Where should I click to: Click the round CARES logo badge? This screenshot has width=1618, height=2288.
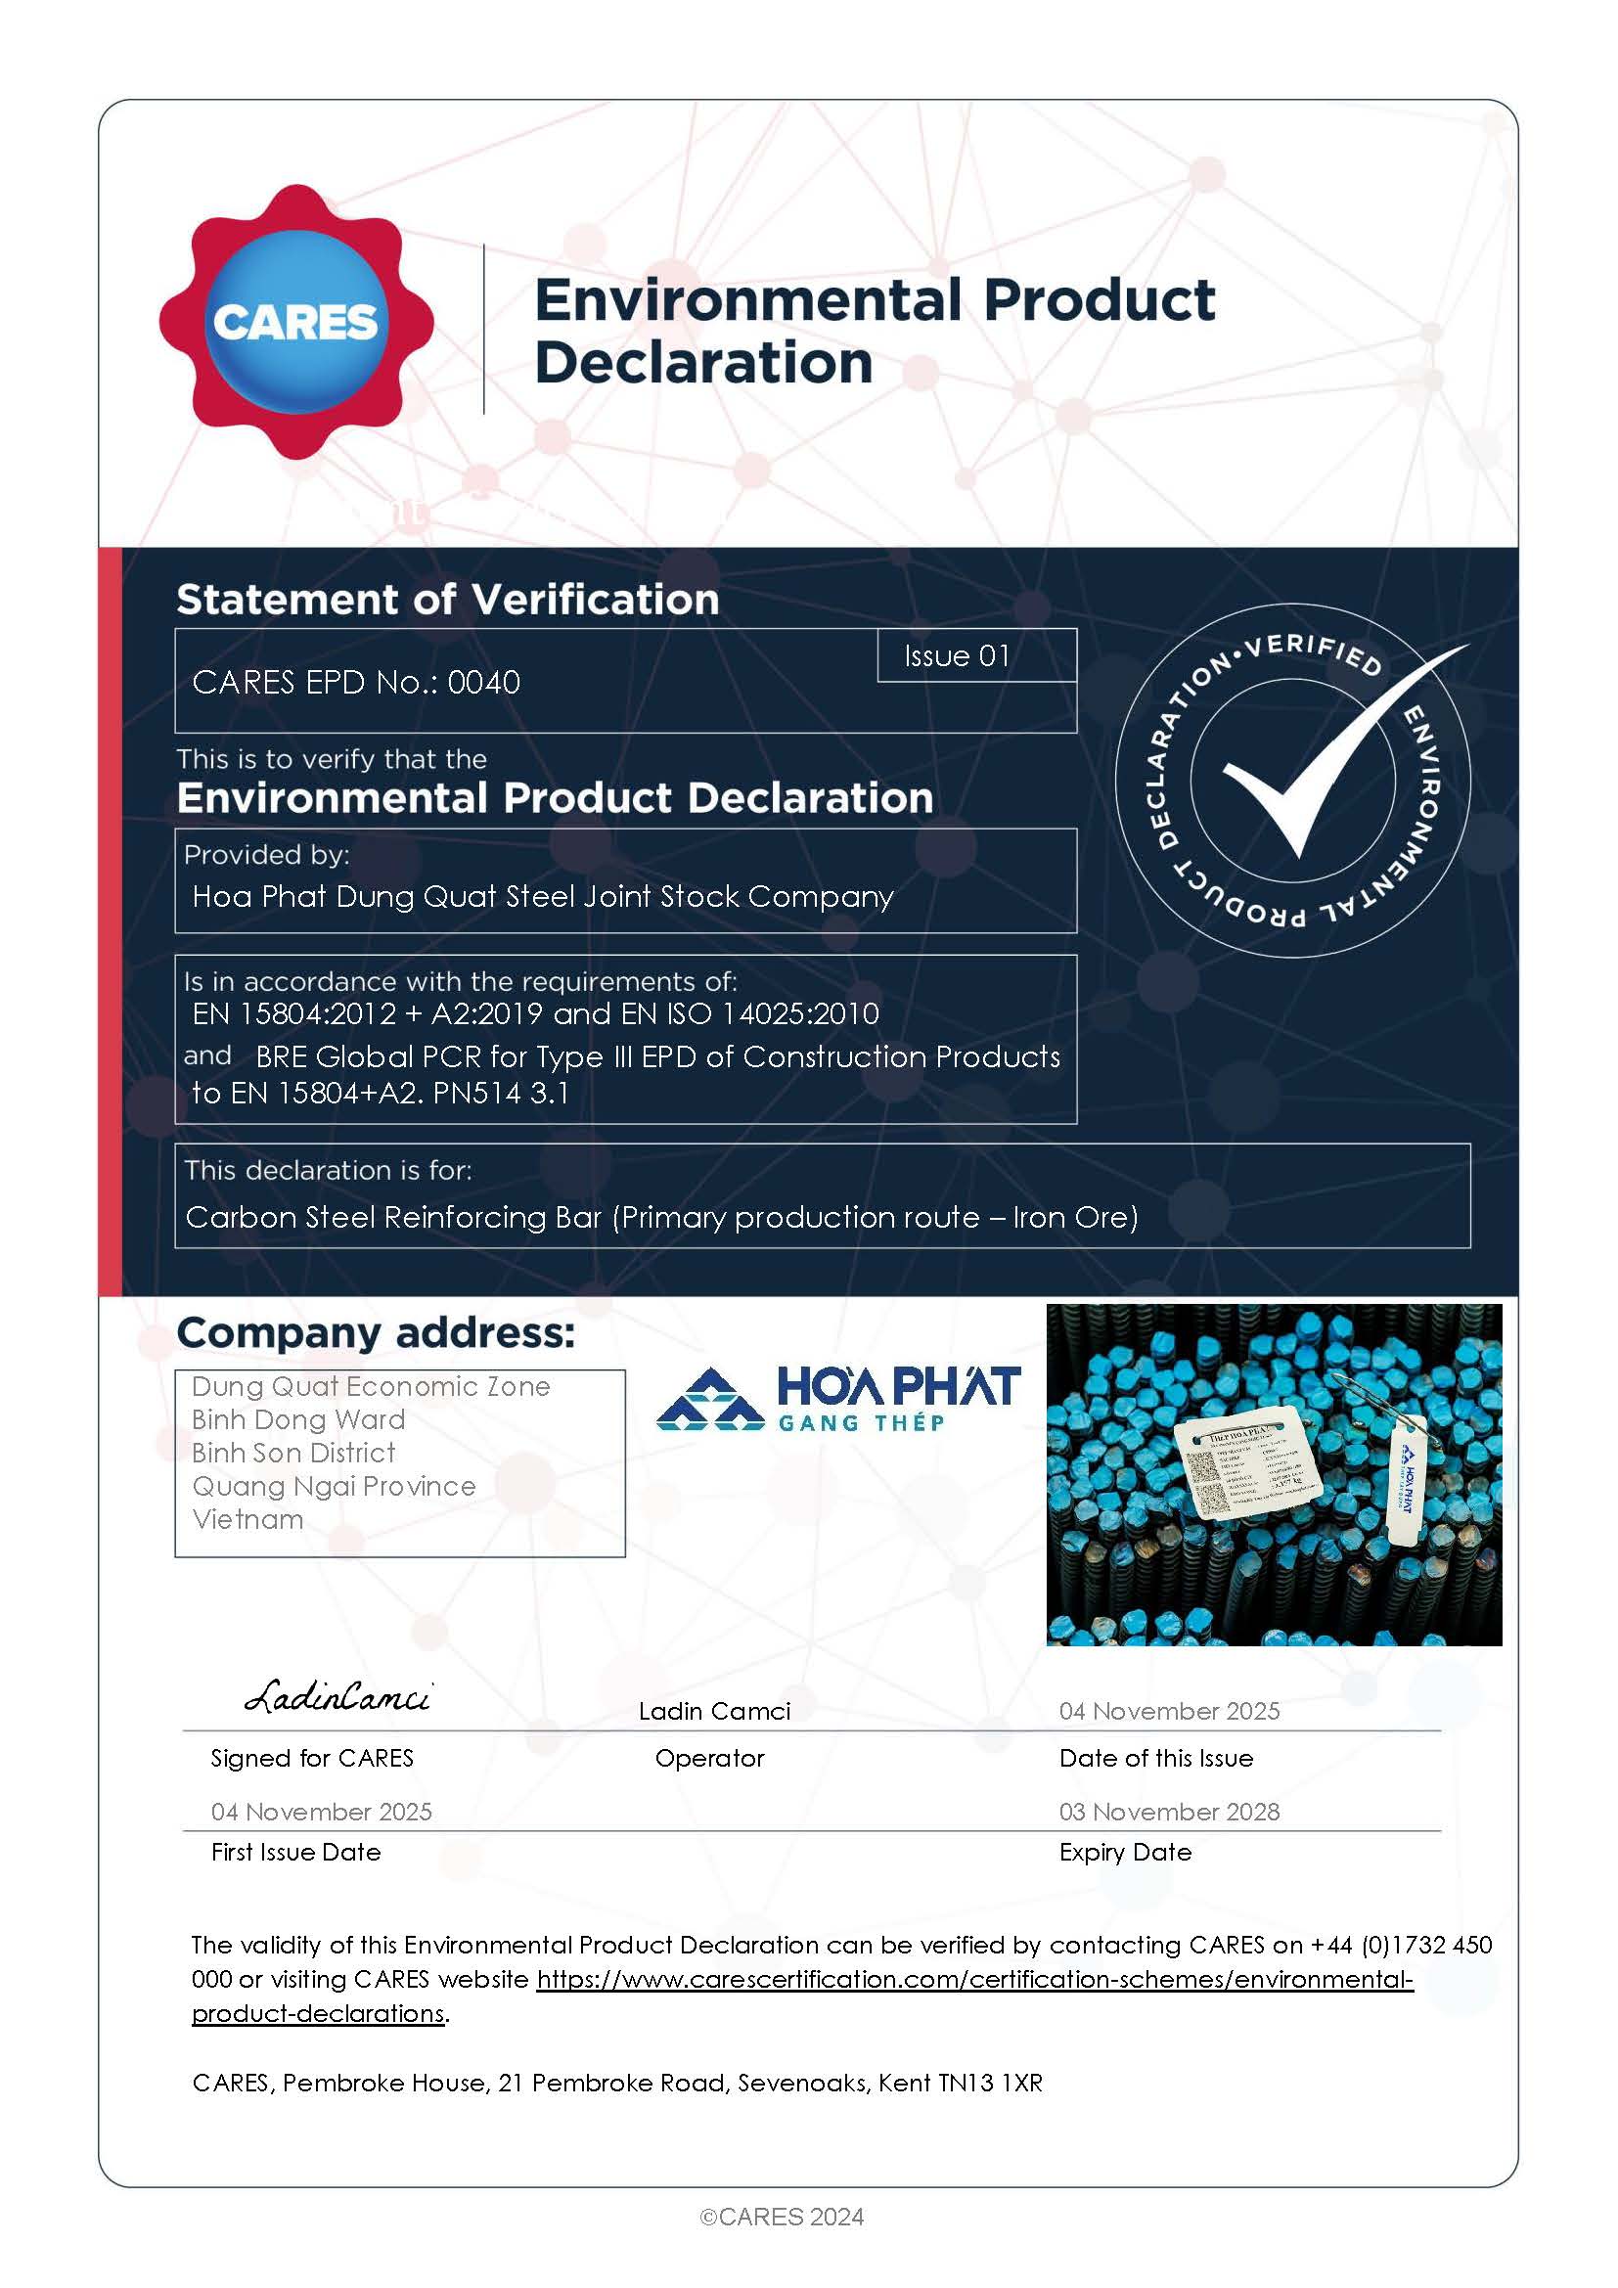(x=295, y=321)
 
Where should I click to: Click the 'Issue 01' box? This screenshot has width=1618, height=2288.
(x=957, y=655)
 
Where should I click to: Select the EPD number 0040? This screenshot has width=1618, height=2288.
(x=483, y=683)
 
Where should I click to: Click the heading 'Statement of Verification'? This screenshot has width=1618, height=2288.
(x=447, y=600)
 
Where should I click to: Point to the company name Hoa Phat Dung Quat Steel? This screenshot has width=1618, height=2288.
(x=542, y=896)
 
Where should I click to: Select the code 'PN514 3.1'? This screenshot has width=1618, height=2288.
(x=501, y=1094)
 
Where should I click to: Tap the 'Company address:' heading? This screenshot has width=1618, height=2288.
(x=376, y=1332)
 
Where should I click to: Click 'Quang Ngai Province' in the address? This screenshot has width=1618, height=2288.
(x=334, y=1486)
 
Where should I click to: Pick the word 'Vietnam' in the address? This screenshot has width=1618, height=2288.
(x=248, y=1519)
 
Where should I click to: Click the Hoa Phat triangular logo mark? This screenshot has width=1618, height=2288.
(x=708, y=1399)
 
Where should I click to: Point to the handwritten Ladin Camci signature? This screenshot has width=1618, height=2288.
(x=337, y=1696)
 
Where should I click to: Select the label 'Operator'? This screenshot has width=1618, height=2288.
(x=709, y=1758)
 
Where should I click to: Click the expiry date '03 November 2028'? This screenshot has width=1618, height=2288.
(x=1169, y=1811)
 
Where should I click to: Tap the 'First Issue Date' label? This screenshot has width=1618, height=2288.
(x=295, y=1852)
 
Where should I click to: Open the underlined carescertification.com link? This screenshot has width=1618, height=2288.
(x=974, y=1978)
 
